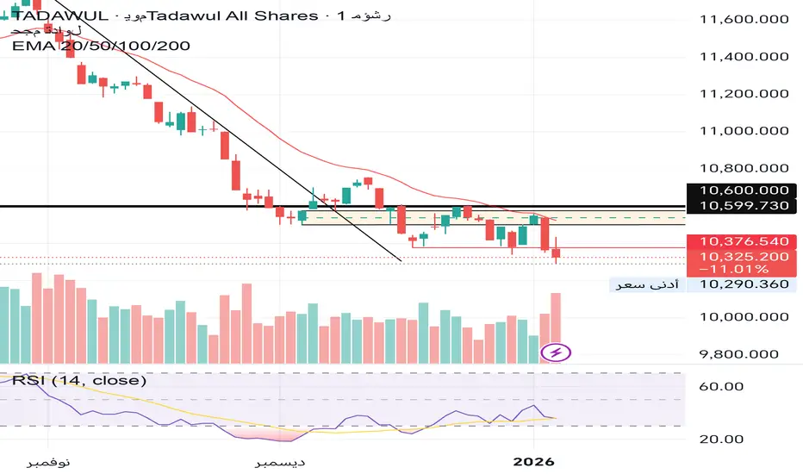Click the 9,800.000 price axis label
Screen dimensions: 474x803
coord(744,353)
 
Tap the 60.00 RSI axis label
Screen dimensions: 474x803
coord(722,387)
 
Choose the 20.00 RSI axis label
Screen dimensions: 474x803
coord(722,440)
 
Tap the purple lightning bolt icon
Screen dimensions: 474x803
coord(556,352)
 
